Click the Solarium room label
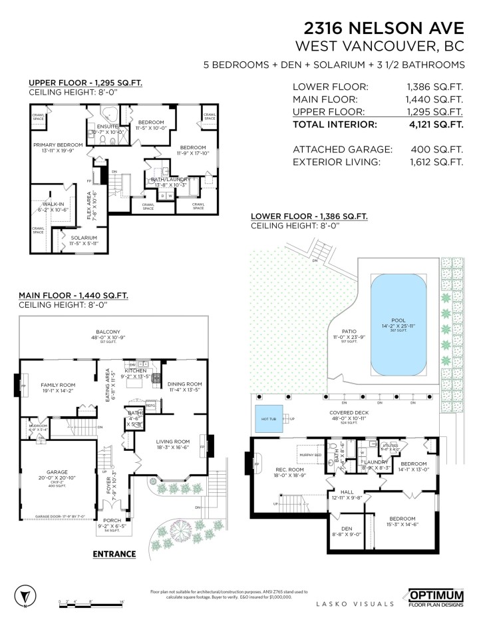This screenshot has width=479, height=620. click(84, 238)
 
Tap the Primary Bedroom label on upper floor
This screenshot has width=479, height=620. click(59, 145)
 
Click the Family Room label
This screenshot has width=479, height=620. click(58, 385)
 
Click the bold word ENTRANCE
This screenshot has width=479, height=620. click(114, 553)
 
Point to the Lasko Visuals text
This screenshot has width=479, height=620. click(352, 603)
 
